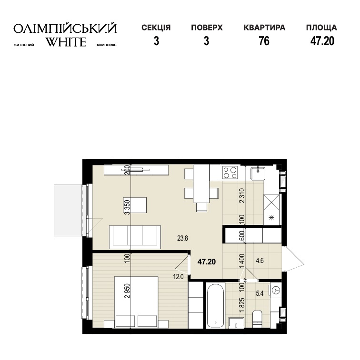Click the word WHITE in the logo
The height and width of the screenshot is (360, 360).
pyautogui.click(x=66, y=42)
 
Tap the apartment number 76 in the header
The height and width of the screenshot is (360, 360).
pyautogui.click(x=264, y=41)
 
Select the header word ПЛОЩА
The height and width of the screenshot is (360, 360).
pyautogui.click(x=321, y=28)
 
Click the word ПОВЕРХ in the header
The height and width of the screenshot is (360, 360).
pyautogui.click(x=207, y=28)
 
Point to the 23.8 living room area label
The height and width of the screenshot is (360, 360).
pyautogui.click(x=182, y=238)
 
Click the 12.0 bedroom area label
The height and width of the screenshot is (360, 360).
pyautogui.click(x=179, y=277)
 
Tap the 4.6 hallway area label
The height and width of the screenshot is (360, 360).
pyautogui.click(x=260, y=261)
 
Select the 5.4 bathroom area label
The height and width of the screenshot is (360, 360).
pyautogui.click(x=260, y=293)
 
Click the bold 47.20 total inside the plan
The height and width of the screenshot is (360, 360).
pyautogui.click(x=207, y=262)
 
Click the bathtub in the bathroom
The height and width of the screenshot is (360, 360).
pyautogui.click(x=215, y=305)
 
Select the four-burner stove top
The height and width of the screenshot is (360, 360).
pyautogui.click(x=230, y=173)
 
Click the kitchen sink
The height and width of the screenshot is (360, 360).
pyautogui.click(x=258, y=174)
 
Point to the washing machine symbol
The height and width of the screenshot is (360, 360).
pyautogui.click(x=275, y=291)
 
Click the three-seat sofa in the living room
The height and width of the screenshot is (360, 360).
pyautogui.click(x=135, y=237)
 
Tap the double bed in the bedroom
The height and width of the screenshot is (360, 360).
pyautogui.click(x=136, y=302)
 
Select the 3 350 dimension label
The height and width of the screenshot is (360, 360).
pyautogui.click(x=128, y=207)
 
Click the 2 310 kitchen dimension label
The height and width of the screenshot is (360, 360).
pyautogui.click(x=241, y=196)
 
